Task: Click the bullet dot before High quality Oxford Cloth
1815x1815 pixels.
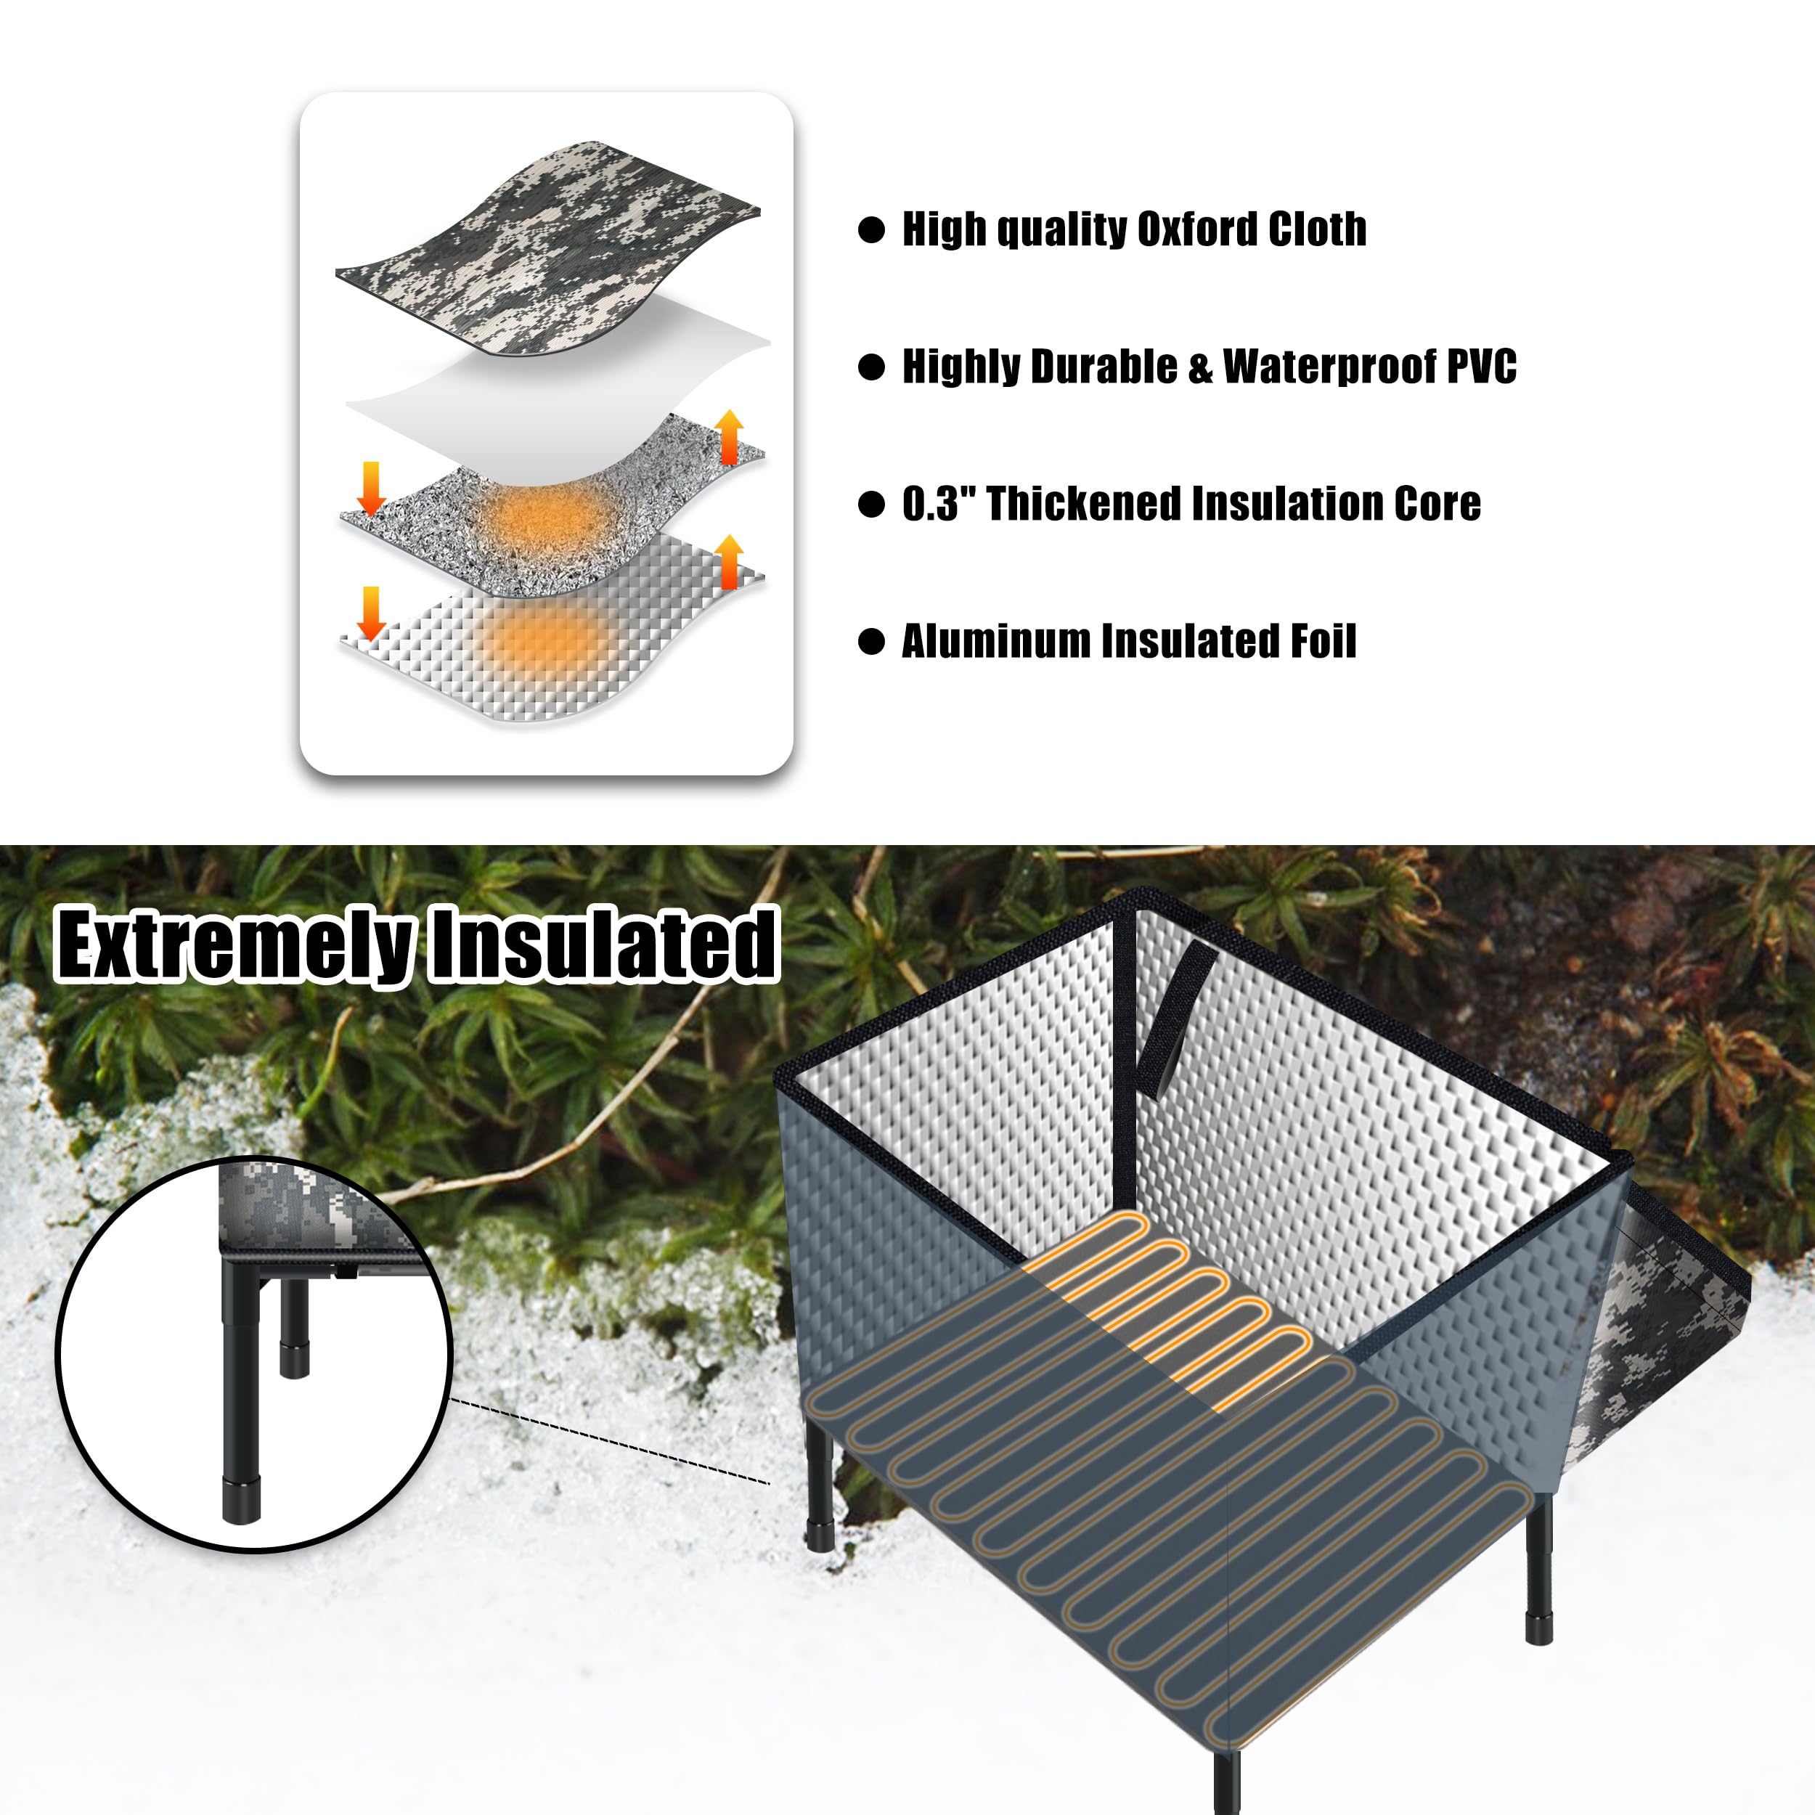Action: (872, 230)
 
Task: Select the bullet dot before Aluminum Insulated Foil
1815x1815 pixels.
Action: (872, 642)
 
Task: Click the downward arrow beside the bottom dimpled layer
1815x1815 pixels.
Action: (371, 613)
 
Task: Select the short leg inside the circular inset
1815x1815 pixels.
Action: (294, 1325)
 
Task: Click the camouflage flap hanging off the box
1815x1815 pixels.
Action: (1663, 1316)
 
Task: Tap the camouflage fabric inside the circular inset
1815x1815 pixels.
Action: (282, 1207)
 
